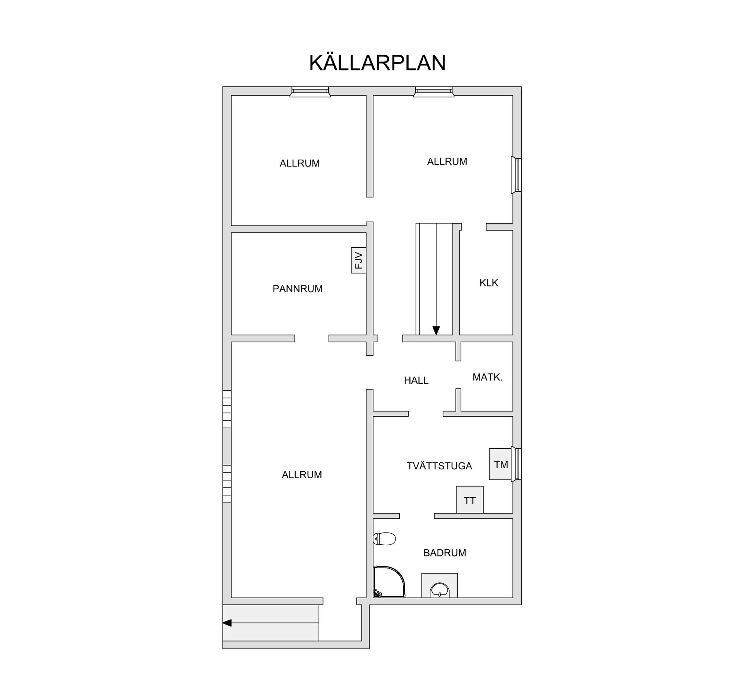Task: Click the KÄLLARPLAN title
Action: click(377, 63)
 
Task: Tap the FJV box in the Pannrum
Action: click(358, 260)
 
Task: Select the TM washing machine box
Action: click(500, 464)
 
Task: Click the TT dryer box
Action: click(469, 500)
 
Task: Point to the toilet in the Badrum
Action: click(385, 539)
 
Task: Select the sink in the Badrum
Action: click(440, 589)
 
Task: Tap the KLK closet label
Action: click(489, 283)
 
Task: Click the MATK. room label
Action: click(487, 377)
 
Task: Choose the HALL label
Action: click(416, 381)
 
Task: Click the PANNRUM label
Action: click(297, 289)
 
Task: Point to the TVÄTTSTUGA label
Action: click(439, 466)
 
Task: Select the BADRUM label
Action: click(445, 553)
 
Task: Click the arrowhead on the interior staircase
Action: click(436, 330)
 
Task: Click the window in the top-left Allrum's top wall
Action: click(310, 92)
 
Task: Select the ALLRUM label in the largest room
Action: click(301, 475)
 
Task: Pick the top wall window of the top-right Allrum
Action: click(433, 92)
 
